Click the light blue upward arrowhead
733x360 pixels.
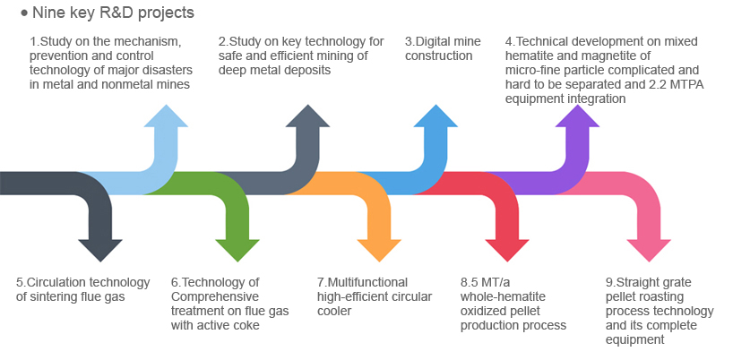point(166,116)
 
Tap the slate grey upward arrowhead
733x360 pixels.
point(307,116)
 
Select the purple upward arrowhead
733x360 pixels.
point(577,116)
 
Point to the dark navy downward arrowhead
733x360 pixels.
point(100,250)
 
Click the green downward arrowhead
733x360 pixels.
point(237,250)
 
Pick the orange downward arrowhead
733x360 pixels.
point(379,250)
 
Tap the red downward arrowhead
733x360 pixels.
point(507,250)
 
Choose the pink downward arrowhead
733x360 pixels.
point(649,250)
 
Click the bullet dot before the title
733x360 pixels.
point(25,13)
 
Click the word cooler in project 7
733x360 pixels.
point(334,311)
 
